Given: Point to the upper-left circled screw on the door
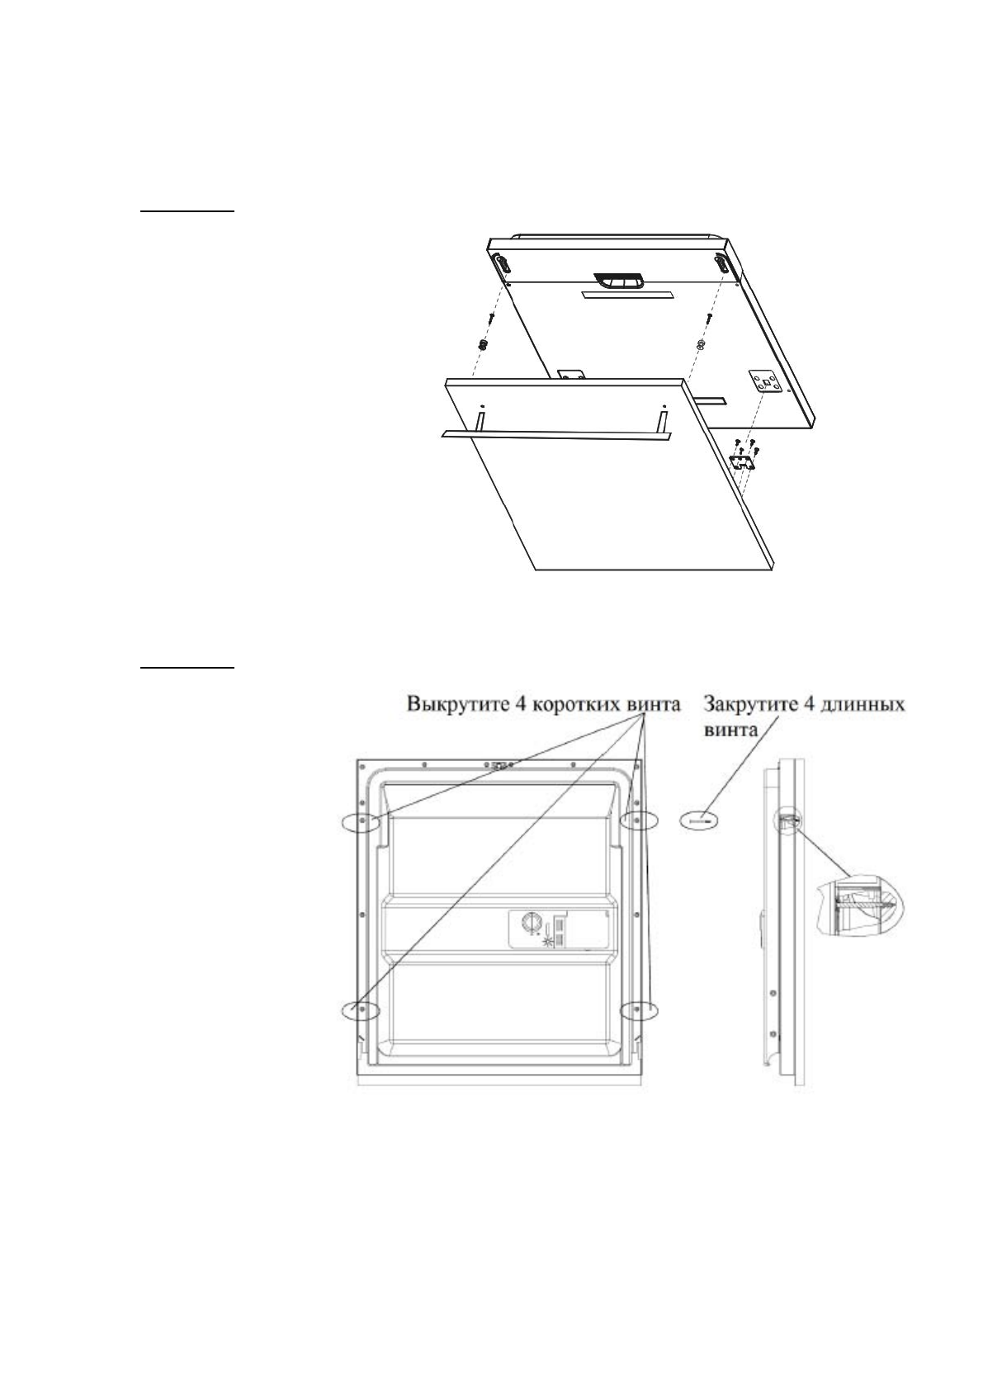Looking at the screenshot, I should coord(362,820).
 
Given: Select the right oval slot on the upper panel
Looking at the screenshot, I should coord(722,263).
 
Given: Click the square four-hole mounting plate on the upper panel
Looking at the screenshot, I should coord(766,381).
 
